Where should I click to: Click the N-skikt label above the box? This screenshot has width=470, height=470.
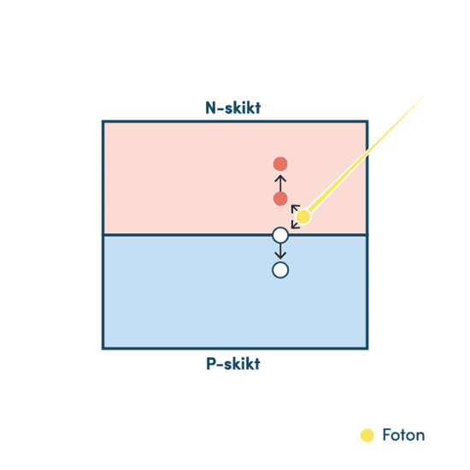pos(233,108)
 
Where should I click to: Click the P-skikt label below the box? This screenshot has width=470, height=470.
pos(233,364)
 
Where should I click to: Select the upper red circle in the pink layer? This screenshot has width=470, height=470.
pos(280,164)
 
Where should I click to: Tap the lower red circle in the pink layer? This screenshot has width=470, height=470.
pos(280,199)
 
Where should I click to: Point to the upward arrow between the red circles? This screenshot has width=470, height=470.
pos(280,183)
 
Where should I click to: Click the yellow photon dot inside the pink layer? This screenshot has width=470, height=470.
pos(303,216)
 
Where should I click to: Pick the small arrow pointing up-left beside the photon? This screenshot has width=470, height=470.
pos(296,209)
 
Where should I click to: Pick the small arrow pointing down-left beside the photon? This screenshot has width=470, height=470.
pos(296,224)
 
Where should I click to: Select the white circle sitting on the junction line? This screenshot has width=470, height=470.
pos(280,235)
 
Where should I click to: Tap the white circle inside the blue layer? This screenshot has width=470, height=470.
pos(280,270)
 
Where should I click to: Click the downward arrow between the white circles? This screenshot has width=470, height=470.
pos(280,251)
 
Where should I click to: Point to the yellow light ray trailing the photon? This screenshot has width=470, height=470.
pos(367,153)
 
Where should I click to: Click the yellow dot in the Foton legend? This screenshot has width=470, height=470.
pos(367,435)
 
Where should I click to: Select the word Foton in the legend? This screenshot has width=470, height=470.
pos(403,435)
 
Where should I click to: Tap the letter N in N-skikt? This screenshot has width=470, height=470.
pos(210,108)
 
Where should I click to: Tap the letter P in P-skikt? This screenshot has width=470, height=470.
pos(211,363)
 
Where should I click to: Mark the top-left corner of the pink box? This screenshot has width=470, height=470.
pos(103,121)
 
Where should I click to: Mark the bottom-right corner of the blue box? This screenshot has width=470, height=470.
pos(367,349)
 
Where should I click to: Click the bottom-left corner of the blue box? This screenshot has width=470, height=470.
pos(103,349)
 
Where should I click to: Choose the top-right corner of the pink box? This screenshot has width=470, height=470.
pos(367,121)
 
